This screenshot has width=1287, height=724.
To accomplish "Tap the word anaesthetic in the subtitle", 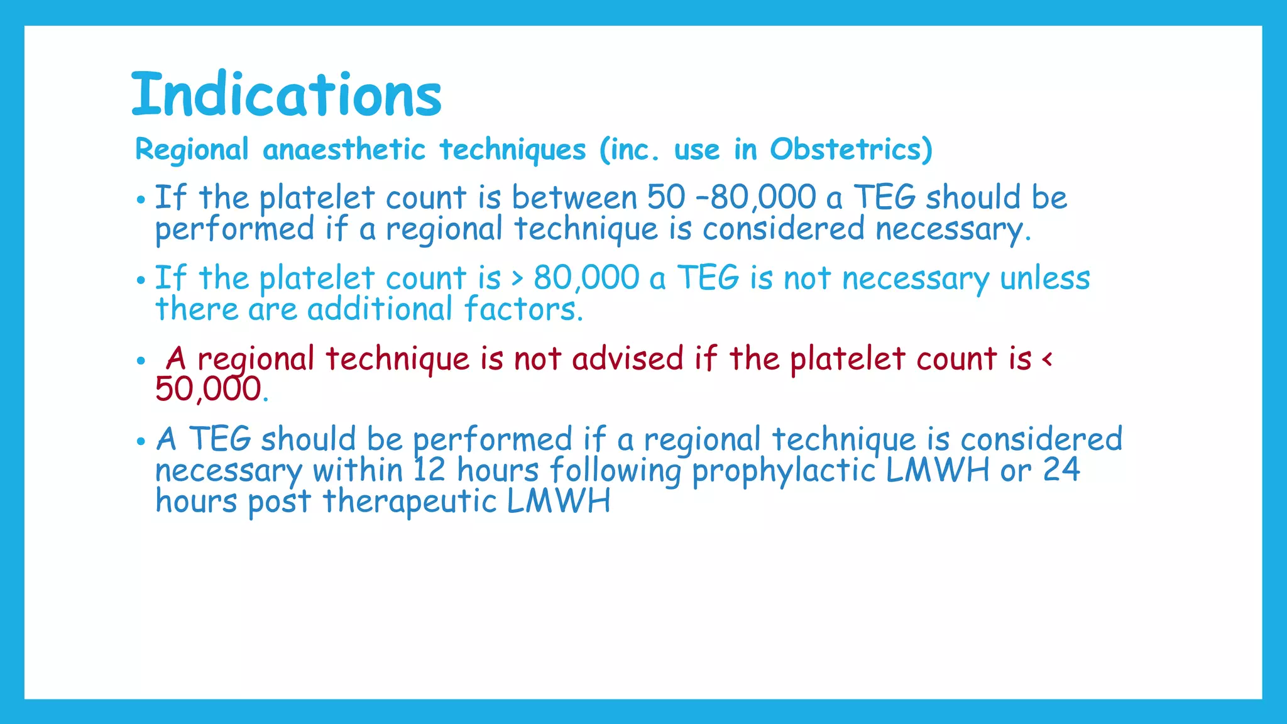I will [344, 150].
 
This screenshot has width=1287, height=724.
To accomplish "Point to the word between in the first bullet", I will [574, 197].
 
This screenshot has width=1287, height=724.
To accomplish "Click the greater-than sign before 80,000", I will [517, 278].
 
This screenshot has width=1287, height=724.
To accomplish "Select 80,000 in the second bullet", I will [586, 277].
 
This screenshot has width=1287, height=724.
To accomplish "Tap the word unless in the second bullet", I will [1044, 277].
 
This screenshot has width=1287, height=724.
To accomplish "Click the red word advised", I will [627, 358].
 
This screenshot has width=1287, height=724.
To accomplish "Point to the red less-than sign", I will [1046, 359].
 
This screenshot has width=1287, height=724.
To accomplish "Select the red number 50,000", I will [208, 388].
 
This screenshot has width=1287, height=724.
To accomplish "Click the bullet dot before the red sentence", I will [141, 361].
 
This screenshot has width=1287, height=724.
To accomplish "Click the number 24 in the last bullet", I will [1061, 469].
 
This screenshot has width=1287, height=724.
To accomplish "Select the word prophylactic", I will [783, 471].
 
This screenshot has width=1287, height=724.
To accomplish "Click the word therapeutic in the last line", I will [410, 502].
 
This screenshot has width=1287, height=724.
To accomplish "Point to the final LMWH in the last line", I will [558, 502].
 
